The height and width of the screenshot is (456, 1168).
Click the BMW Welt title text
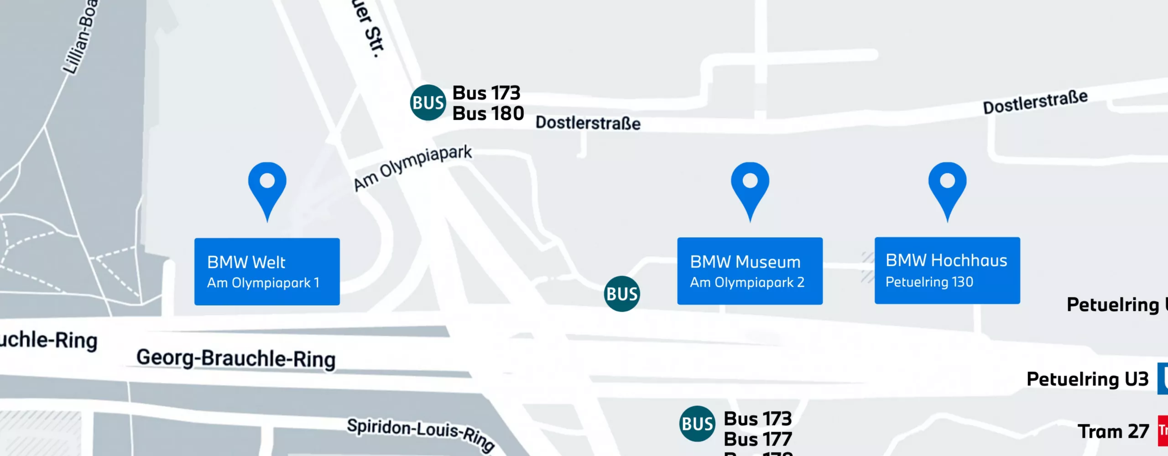pyautogui.click(x=246, y=262)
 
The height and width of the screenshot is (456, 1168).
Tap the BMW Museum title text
pyautogui.click(x=745, y=262)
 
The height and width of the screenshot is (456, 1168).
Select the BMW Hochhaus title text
pyautogui.click(x=946, y=260)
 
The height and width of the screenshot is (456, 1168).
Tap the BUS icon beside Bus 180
pyautogui.click(x=428, y=103)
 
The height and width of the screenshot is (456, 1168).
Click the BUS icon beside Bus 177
pyautogui.click(x=697, y=424)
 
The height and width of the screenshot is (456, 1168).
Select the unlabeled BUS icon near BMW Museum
pyautogui.click(x=622, y=294)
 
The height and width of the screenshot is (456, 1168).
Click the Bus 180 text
pyautogui.click(x=488, y=114)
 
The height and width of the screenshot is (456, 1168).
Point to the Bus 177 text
pyautogui.click(x=758, y=439)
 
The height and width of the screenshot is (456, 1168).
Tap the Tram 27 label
pyautogui.click(x=1113, y=431)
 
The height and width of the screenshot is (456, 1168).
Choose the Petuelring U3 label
pyautogui.click(x=1087, y=379)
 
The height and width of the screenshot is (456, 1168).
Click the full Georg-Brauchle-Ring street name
pyautogui.click(x=236, y=358)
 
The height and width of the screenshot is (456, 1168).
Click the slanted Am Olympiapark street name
pyautogui.click(x=413, y=168)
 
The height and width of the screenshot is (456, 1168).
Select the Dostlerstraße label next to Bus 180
pyautogui.click(x=588, y=123)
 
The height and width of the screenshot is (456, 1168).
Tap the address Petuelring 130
pyautogui.click(x=929, y=282)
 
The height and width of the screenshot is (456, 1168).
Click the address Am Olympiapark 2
pyautogui.click(x=747, y=282)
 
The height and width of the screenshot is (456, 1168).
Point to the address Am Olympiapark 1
pyautogui.click(x=263, y=283)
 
